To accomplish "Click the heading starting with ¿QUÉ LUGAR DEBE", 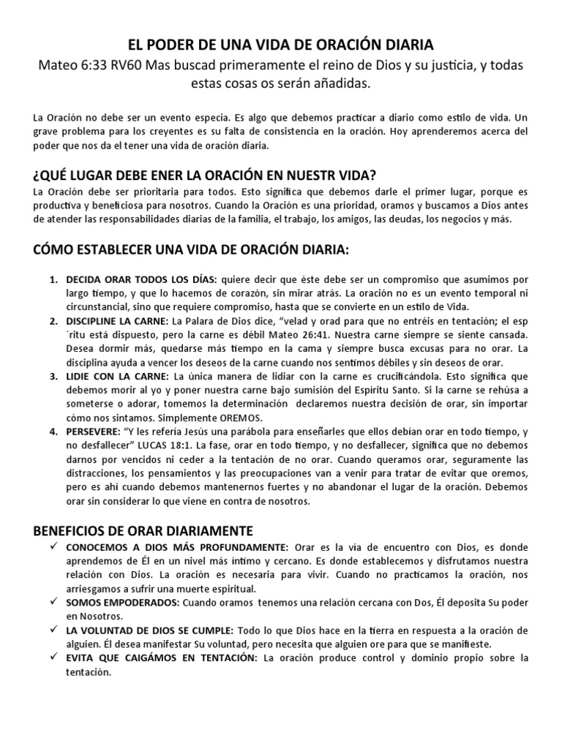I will point(205,175).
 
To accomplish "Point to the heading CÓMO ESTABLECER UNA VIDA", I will point(192,251).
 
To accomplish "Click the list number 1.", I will point(53,280).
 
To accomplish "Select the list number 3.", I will point(53,377).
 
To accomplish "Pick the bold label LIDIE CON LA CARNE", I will point(117,377).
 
